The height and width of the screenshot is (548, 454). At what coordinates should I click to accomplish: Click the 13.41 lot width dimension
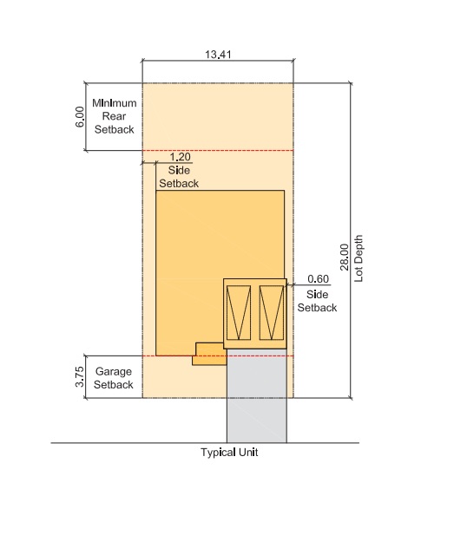pos(218,55)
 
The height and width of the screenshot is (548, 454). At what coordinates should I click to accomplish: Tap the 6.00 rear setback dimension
pos(80,117)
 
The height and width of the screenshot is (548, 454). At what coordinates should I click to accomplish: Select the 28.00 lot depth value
pos(345,258)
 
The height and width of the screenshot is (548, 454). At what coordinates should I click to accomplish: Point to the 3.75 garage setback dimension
pos(80,376)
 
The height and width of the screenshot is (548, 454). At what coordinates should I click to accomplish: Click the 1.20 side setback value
pos(181,157)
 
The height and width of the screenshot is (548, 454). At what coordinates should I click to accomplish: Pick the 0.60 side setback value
pos(319,279)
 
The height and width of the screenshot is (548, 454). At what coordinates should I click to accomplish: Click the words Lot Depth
pos(359,258)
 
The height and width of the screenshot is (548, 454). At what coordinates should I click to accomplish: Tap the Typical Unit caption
pos(229,453)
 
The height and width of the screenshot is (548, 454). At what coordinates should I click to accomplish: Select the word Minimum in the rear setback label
pos(115,103)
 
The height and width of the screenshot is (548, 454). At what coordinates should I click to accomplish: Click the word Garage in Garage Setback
pos(114,371)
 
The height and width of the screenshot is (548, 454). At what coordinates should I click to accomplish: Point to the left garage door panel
pos(239,313)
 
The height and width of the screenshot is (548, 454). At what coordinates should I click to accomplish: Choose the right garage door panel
pos(272,313)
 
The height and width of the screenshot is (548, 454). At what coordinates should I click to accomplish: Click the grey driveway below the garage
pos(257,396)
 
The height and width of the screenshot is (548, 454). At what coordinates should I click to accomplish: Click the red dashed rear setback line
pos(218,150)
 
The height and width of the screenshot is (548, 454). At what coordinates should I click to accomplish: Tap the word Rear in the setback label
pos(114,116)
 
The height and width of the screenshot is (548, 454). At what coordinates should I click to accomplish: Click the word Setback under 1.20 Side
pos(179,184)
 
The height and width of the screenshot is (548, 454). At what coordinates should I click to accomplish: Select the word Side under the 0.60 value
pos(317,294)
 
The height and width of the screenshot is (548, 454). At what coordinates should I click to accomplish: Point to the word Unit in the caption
pos(248,452)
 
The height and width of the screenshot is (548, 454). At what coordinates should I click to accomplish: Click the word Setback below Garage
pos(114,384)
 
